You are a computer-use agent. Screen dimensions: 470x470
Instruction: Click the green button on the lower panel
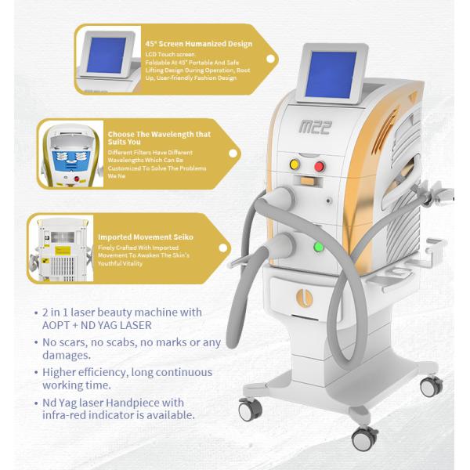tap(319, 248)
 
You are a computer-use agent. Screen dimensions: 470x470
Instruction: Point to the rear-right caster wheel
tap(430, 385)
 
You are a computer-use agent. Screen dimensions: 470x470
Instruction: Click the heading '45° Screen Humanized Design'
tap(198, 43)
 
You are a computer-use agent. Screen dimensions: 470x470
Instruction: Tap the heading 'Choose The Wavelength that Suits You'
tap(170, 138)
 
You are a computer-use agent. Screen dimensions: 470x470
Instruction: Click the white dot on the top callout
tap(271, 58)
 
